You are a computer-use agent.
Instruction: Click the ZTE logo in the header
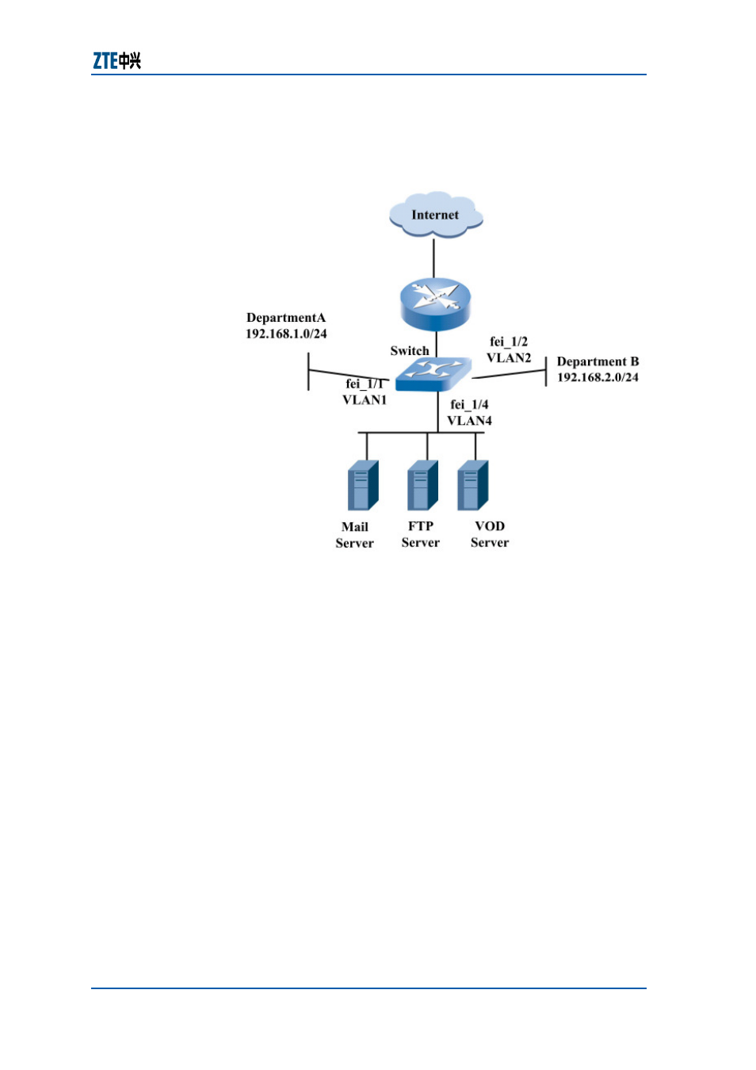[116, 61]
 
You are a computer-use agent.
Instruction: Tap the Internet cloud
[435, 215]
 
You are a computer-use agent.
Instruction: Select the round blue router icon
[435, 304]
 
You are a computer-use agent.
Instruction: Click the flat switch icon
[433, 374]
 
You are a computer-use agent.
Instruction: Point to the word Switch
[409, 350]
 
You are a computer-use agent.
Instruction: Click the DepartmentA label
[285, 318]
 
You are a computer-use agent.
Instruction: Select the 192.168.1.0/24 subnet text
[286, 334]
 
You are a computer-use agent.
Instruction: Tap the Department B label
[598, 361]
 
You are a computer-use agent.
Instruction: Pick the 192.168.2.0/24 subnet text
[598, 377]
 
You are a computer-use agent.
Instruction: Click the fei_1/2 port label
[509, 342]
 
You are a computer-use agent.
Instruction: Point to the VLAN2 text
[509, 357]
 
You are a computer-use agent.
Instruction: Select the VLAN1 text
[365, 399]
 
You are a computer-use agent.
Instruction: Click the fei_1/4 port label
[469, 404]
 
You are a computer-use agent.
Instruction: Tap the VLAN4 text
[469, 421]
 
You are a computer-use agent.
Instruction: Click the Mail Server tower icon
[363, 485]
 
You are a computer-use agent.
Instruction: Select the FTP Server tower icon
[422, 485]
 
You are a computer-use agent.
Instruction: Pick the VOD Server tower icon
[473, 485]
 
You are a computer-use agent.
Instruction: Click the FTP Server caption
[420, 534]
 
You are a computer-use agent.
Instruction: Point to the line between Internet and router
[433, 258]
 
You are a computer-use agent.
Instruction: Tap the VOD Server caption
[490, 534]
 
